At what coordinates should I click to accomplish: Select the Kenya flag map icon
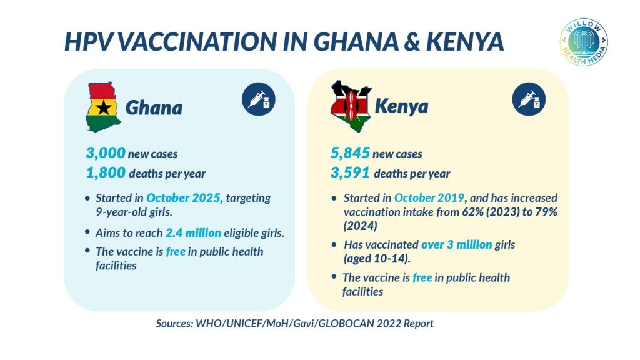[350, 106]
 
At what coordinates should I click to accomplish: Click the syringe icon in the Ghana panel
[258, 99]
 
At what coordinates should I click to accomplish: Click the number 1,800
[106, 173]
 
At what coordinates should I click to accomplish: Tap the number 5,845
[351, 153]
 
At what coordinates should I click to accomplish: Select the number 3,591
[351, 173]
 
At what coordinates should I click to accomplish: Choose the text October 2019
[429, 198]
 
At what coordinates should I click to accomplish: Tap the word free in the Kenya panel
[422, 277]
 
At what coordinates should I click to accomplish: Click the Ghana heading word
[154, 108]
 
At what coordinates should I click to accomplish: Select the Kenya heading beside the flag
[401, 106]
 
